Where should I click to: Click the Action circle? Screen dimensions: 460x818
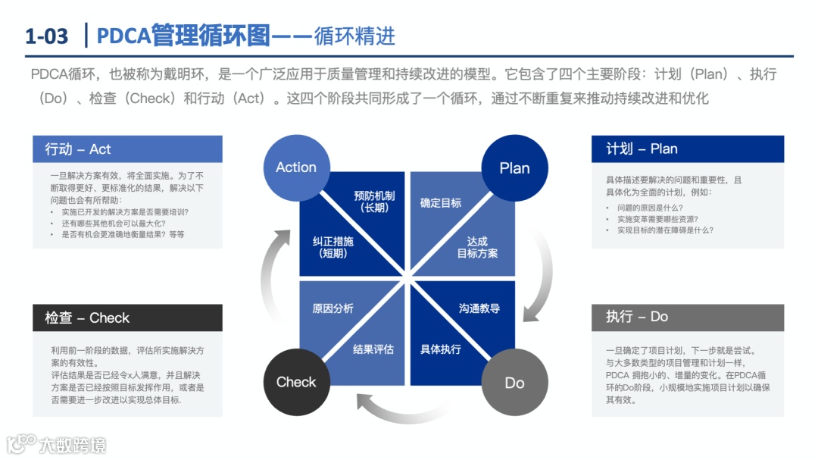point(296,167)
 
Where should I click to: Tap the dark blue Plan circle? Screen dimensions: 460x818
point(514,167)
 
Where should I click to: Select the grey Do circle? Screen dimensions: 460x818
point(514,382)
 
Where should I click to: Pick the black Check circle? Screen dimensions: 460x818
point(296,382)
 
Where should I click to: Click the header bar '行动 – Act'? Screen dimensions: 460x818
point(127,149)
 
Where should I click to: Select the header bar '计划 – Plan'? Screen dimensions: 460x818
point(687,149)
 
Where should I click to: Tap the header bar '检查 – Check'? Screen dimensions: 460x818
point(127,318)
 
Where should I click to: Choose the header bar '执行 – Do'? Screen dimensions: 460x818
point(687,317)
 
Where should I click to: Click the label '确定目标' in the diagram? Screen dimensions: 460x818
point(441,203)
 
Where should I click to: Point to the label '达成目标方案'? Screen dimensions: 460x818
point(477,247)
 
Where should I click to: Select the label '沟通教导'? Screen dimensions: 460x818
point(479,308)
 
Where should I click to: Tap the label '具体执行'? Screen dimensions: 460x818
point(441,349)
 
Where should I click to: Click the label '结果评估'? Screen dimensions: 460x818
point(373,349)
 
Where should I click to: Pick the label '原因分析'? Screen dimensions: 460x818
point(333,308)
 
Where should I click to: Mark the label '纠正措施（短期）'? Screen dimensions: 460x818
point(333,247)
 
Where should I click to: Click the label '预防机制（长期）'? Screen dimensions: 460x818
point(373,202)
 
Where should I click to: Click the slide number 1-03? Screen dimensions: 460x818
point(46,36)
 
